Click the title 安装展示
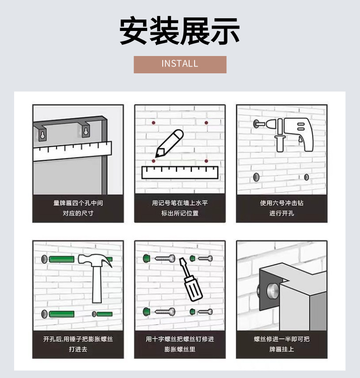180,31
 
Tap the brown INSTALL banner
180,64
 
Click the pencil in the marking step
170,143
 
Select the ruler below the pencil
180,172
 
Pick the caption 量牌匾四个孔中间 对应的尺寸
78,208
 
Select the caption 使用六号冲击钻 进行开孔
282,208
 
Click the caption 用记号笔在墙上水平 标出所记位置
180,208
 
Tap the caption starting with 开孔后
78,344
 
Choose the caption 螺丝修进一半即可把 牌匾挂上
282,344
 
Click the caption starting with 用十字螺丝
180,344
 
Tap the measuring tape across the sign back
72,151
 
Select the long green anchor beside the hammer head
61,260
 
